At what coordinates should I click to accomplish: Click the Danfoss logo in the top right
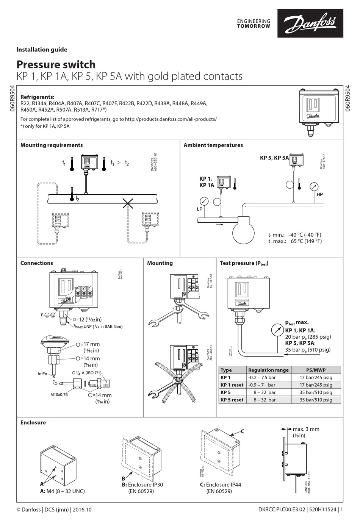click(310, 23)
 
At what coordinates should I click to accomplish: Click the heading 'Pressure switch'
click(56, 64)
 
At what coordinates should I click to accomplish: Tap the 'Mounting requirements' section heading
click(52, 145)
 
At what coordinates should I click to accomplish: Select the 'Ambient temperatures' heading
click(213, 145)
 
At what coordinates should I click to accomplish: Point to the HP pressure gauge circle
click(314, 186)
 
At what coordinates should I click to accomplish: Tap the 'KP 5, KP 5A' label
click(274, 158)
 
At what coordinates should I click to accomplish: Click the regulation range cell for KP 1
click(261, 377)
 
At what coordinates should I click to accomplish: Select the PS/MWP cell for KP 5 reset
click(316, 400)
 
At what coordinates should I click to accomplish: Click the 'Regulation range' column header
click(268, 370)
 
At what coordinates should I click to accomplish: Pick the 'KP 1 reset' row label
click(232, 385)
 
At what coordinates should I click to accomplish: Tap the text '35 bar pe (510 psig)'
click(307, 350)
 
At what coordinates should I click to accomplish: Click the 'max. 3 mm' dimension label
click(306, 429)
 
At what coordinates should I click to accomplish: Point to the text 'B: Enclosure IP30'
click(142, 484)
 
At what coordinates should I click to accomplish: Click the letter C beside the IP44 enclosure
click(243, 431)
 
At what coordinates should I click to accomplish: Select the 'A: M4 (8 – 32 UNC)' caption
click(63, 491)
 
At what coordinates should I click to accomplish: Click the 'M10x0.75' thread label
click(59, 394)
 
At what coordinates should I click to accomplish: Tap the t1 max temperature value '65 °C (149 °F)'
click(306, 241)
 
